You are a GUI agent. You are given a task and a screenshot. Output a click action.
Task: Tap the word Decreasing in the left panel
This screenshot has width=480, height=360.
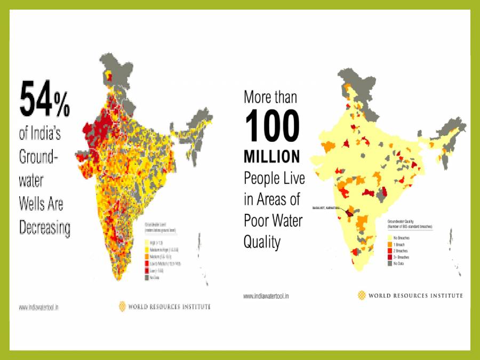point(45,228)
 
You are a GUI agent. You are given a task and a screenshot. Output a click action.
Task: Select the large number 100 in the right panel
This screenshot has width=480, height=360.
point(272,128)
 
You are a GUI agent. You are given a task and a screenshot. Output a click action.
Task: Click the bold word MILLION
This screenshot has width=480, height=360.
point(271,157)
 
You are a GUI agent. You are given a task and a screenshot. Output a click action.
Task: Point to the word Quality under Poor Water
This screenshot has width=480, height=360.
point(262,242)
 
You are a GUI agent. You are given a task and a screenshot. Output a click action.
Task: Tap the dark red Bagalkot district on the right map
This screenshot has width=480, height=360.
point(349,213)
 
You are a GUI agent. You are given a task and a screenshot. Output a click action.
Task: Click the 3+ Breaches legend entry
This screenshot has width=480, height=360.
point(402,257)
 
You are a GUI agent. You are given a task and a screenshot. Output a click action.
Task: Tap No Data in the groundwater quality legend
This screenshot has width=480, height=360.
point(399,263)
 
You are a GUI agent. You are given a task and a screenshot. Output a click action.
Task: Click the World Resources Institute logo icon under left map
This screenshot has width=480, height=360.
point(122,306)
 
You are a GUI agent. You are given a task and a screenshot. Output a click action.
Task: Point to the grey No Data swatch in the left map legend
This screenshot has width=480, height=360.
point(147,277)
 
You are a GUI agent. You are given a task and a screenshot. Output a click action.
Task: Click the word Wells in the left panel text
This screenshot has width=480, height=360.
point(33,204)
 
